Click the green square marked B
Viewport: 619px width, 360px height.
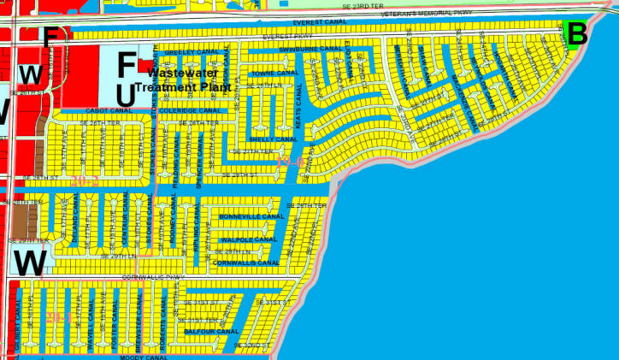tap(576, 35)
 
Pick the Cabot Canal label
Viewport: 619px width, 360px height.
tap(107, 110)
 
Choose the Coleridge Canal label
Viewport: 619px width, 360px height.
tap(190, 110)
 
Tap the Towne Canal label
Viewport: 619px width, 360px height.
tap(274, 73)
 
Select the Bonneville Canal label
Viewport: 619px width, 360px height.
tap(251, 217)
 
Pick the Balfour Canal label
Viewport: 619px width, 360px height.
tap(211, 330)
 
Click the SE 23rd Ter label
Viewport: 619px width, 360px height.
tap(358, 5)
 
